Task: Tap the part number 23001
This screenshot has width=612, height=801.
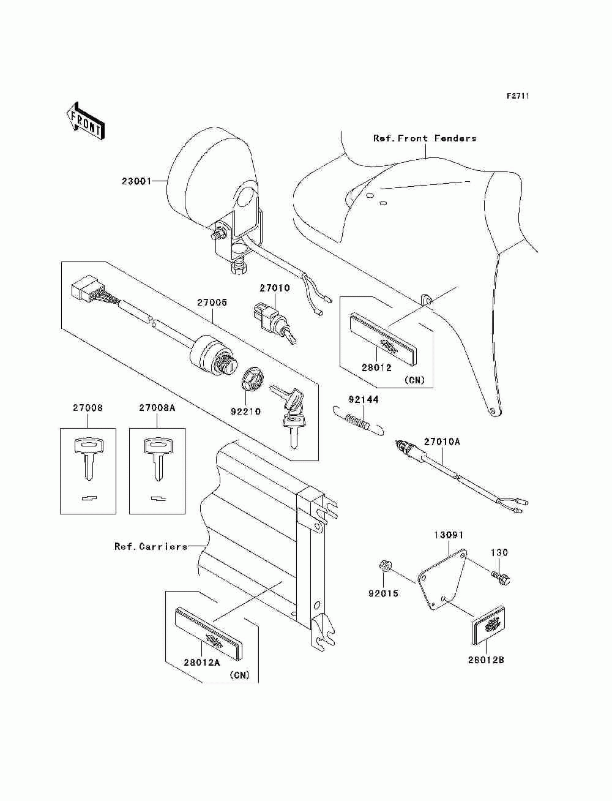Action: coord(136,181)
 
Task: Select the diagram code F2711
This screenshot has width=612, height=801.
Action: coord(517,96)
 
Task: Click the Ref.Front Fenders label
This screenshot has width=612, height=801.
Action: coord(425,138)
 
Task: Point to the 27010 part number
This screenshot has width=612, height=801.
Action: coord(274,288)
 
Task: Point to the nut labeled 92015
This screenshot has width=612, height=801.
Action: coord(384,566)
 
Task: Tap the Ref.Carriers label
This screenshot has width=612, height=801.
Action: coord(151,546)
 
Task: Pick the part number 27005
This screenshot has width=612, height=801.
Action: coord(212,303)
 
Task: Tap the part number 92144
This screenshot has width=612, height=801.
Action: coord(364,400)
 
